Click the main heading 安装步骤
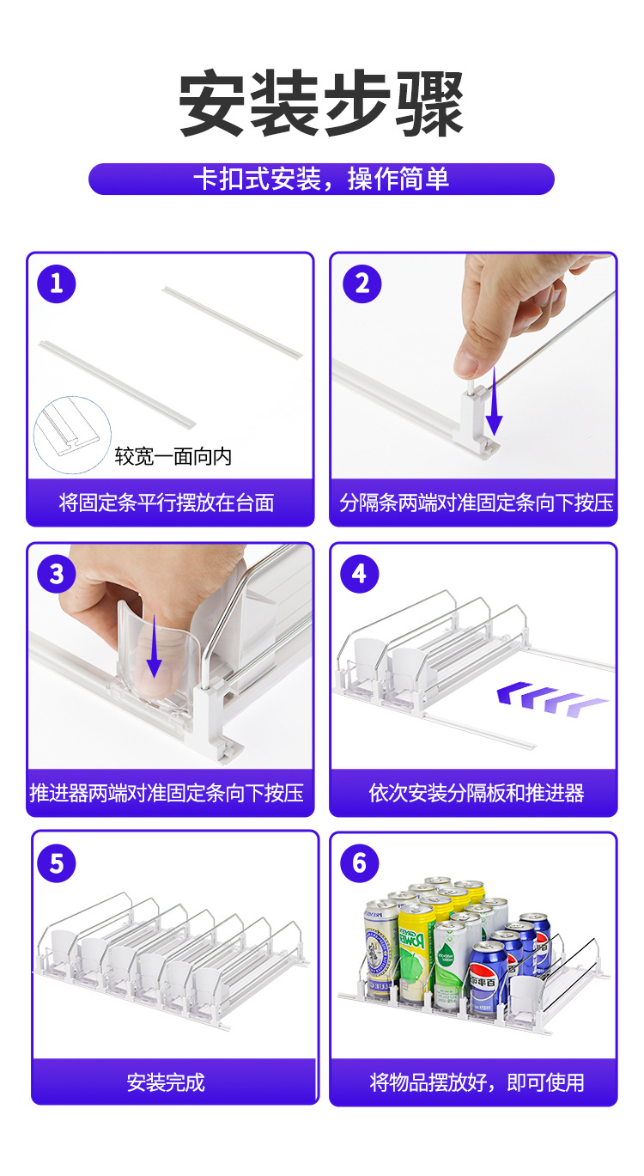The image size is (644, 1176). pyautogui.click(x=321, y=102)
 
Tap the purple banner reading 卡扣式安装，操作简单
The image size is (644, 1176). pyautogui.click(x=321, y=179)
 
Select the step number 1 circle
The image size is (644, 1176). pyautogui.click(x=56, y=284)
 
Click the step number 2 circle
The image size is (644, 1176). pyautogui.click(x=361, y=284)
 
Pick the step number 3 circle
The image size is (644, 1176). pyautogui.click(x=56, y=574)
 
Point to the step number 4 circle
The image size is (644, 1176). pyautogui.click(x=360, y=574)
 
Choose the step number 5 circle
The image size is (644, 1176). pyautogui.click(x=56, y=863)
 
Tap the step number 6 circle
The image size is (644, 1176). pyautogui.click(x=360, y=863)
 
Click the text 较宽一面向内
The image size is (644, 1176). pyautogui.click(x=173, y=456)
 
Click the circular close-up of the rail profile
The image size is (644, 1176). pyautogui.click(x=72, y=435)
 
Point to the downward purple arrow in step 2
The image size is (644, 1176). pyautogui.click(x=494, y=401)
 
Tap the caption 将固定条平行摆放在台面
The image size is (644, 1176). pyautogui.click(x=167, y=503)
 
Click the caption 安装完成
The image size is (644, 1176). pyautogui.click(x=166, y=1082)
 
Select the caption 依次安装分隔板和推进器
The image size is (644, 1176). pyautogui.click(x=476, y=793)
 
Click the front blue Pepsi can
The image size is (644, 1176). pyautogui.click(x=485, y=977)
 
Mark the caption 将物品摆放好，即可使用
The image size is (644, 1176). pyautogui.click(x=476, y=1082)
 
